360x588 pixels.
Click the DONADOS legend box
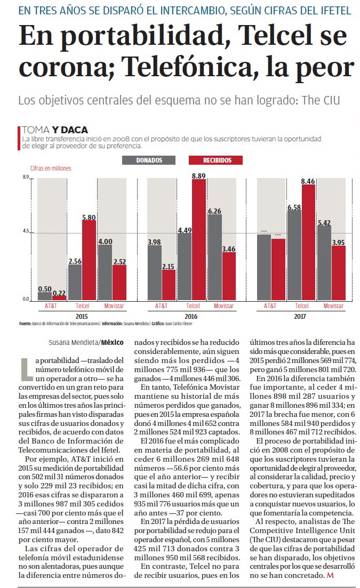[149, 160]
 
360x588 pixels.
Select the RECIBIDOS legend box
[215, 160]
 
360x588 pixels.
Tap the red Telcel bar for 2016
[199, 240]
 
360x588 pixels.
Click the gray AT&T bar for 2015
[45, 296]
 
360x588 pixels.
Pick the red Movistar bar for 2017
[339, 273]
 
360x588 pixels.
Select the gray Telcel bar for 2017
[294, 255]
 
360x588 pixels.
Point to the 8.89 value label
[199, 176]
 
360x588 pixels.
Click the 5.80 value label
[89, 218]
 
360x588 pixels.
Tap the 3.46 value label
[229, 249]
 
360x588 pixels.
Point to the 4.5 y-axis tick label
[26, 231]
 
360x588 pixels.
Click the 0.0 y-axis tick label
[26, 299]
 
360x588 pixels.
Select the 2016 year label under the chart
[191, 317]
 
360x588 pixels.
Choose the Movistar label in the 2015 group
[114, 306]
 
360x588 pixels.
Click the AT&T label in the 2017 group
[270, 306]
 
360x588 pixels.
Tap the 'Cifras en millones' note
[51, 168]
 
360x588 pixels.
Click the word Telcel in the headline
[275, 35]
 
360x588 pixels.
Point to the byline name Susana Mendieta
[74, 342]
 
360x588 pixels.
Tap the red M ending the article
[330, 575]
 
